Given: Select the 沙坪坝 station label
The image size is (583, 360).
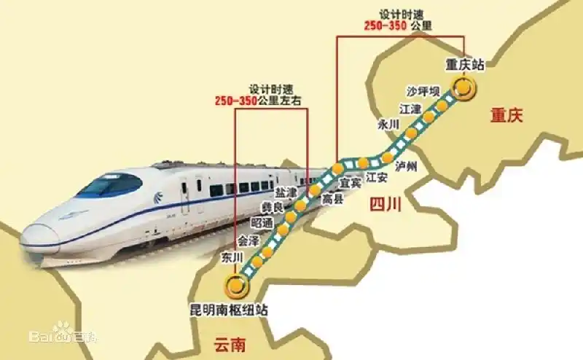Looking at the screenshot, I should pyautogui.click(x=423, y=92).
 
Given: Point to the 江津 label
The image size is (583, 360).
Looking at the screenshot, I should pyautogui.click(x=410, y=109).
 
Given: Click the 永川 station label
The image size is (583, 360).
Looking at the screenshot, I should pyautogui.click(x=388, y=125).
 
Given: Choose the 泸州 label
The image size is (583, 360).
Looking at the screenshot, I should pyautogui.click(x=406, y=167).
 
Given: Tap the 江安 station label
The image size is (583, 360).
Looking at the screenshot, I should pyautogui.click(x=377, y=177).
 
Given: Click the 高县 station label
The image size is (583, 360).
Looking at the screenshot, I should pyautogui.click(x=332, y=197).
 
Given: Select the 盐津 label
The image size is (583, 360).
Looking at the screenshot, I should pyautogui.click(x=286, y=192).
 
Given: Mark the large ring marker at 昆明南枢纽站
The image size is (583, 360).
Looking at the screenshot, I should pyautogui.click(x=235, y=286).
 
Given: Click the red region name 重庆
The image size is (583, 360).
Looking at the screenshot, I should pyautogui.click(x=507, y=114).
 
